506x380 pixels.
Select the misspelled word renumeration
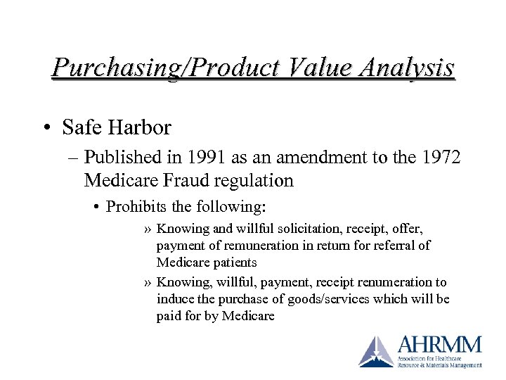pyautogui.click(x=380, y=282)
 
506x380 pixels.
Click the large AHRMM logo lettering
pyautogui.click(x=439, y=346)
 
